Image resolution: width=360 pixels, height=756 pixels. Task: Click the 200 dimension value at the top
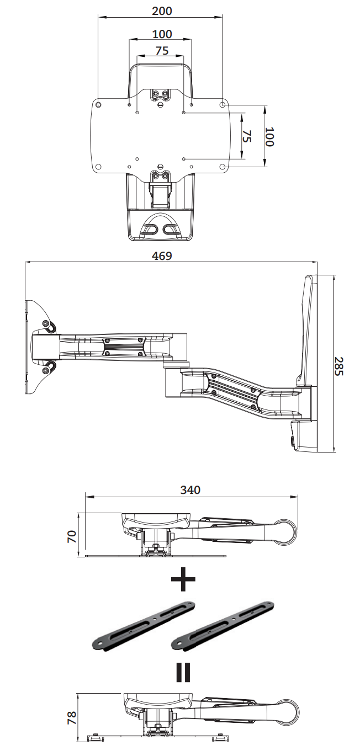pyautogui.click(x=161, y=10)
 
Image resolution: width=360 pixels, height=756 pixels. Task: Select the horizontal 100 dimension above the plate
pyautogui.click(x=161, y=34)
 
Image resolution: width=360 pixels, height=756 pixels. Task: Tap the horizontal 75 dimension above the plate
pyautogui.click(x=161, y=51)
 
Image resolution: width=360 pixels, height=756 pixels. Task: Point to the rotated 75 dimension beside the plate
pyautogui.click(x=247, y=136)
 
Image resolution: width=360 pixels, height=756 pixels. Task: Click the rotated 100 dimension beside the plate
pyautogui.click(x=269, y=136)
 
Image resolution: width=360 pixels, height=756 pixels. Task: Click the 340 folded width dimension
pyautogui.click(x=190, y=489)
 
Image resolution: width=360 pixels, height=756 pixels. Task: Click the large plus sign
pyautogui.click(x=183, y=579)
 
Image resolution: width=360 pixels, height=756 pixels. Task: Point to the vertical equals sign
pyautogui.click(x=183, y=672)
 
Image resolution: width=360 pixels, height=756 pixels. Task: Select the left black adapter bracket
pyautogui.click(x=144, y=624)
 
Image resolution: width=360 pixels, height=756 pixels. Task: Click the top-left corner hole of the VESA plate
pyautogui.click(x=98, y=104)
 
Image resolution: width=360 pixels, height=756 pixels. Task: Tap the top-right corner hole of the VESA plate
pyautogui.click(x=223, y=104)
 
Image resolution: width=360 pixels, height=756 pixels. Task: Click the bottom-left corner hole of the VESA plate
pyautogui.click(x=98, y=167)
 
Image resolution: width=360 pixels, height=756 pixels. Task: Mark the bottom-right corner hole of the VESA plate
pyautogui.click(x=223, y=167)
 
